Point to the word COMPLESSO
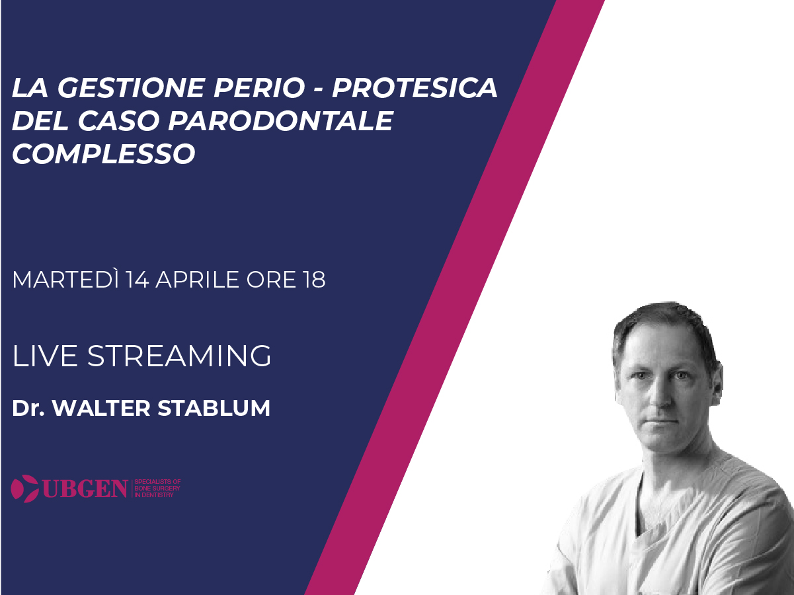(104, 154)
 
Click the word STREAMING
(179, 356)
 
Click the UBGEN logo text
(85, 489)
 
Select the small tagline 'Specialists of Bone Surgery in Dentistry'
(157, 489)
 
